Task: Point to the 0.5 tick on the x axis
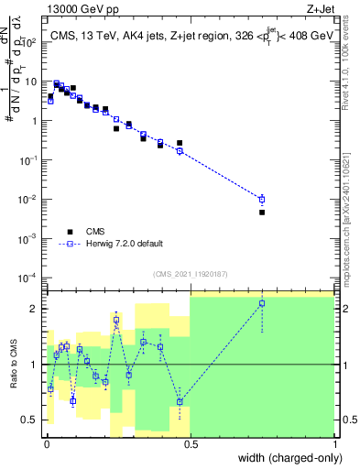tap(191, 442)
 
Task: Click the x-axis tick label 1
tap(334, 442)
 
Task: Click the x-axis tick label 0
tap(47, 442)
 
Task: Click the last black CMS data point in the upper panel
tap(262, 212)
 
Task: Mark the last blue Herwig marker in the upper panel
tap(262, 199)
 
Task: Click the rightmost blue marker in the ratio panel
tap(262, 303)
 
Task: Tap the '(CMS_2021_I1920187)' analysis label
tap(191, 272)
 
